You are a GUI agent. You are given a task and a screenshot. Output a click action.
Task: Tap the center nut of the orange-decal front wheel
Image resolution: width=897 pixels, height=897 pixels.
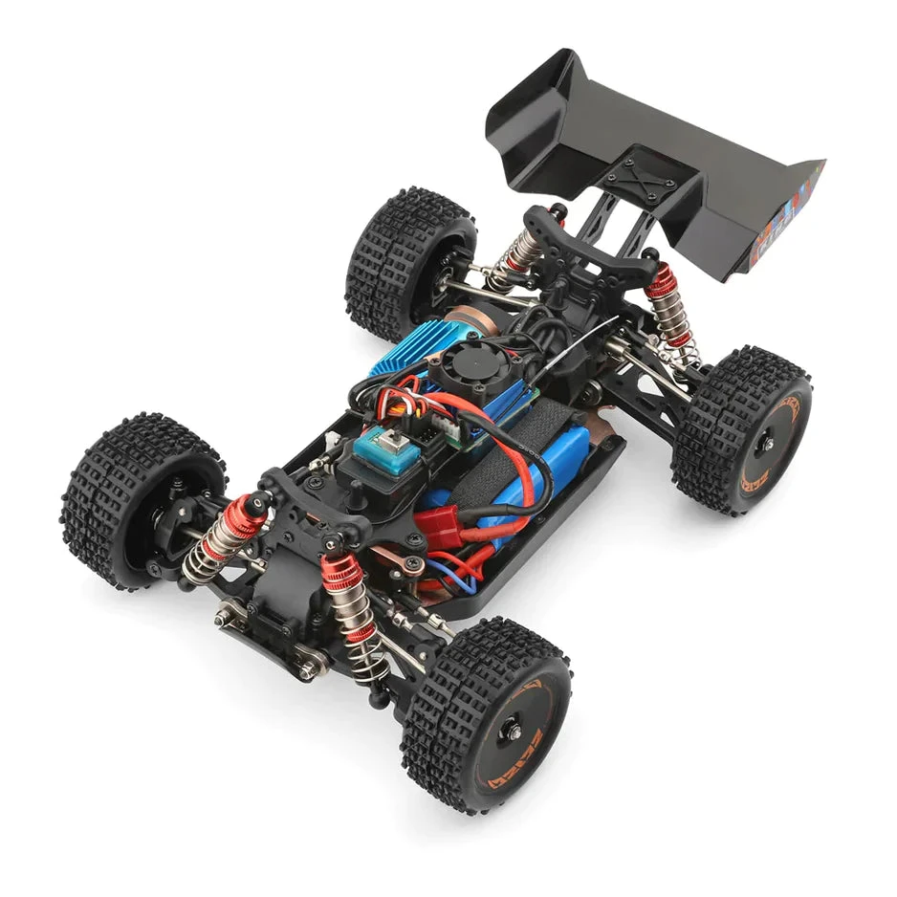click(514, 732)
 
